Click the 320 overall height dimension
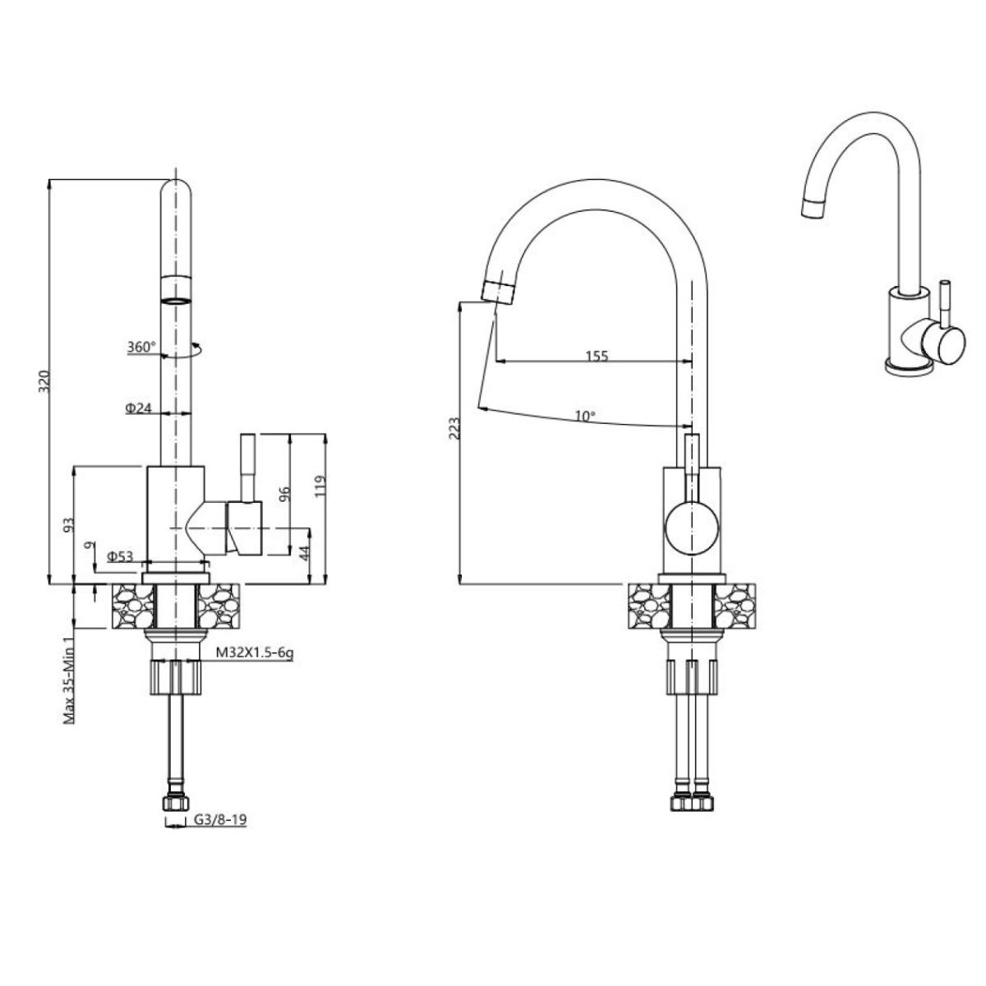[x=45, y=380]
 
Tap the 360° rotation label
[x=141, y=347]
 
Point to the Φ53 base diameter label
[x=120, y=555]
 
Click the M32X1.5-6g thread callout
[x=254, y=652]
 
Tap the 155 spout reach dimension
[x=597, y=356]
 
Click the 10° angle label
[x=585, y=416]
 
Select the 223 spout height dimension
[x=454, y=428]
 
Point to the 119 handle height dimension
[x=320, y=486]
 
